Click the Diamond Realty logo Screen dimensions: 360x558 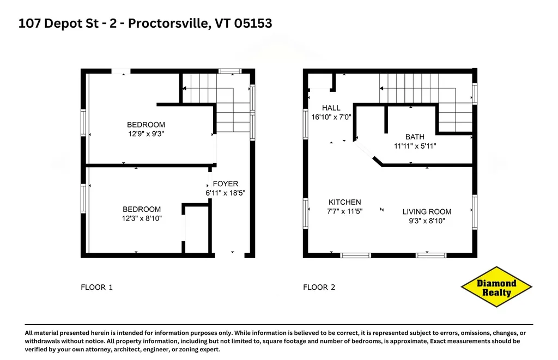[x=496, y=288]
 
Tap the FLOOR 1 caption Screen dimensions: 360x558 [x=96, y=287]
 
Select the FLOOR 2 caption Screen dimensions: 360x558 [x=319, y=287]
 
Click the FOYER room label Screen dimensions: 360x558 [x=225, y=184]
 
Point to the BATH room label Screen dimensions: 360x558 [x=415, y=137]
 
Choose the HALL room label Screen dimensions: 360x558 [x=331, y=108]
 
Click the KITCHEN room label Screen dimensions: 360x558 [x=344, y=202]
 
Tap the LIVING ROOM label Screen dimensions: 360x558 [x=427, y=211]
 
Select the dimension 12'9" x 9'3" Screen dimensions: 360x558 [x=146, y=133]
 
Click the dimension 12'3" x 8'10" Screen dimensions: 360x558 [x=142, y=218]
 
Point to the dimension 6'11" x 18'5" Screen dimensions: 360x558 [x=226, y=193]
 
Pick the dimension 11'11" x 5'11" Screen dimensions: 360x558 [x=415, y=146]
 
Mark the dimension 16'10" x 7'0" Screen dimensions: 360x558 [x=331, y=117]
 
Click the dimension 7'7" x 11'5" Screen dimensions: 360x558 [x=344, y=211]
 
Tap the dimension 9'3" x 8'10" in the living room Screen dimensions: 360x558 [x=427, y=221]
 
